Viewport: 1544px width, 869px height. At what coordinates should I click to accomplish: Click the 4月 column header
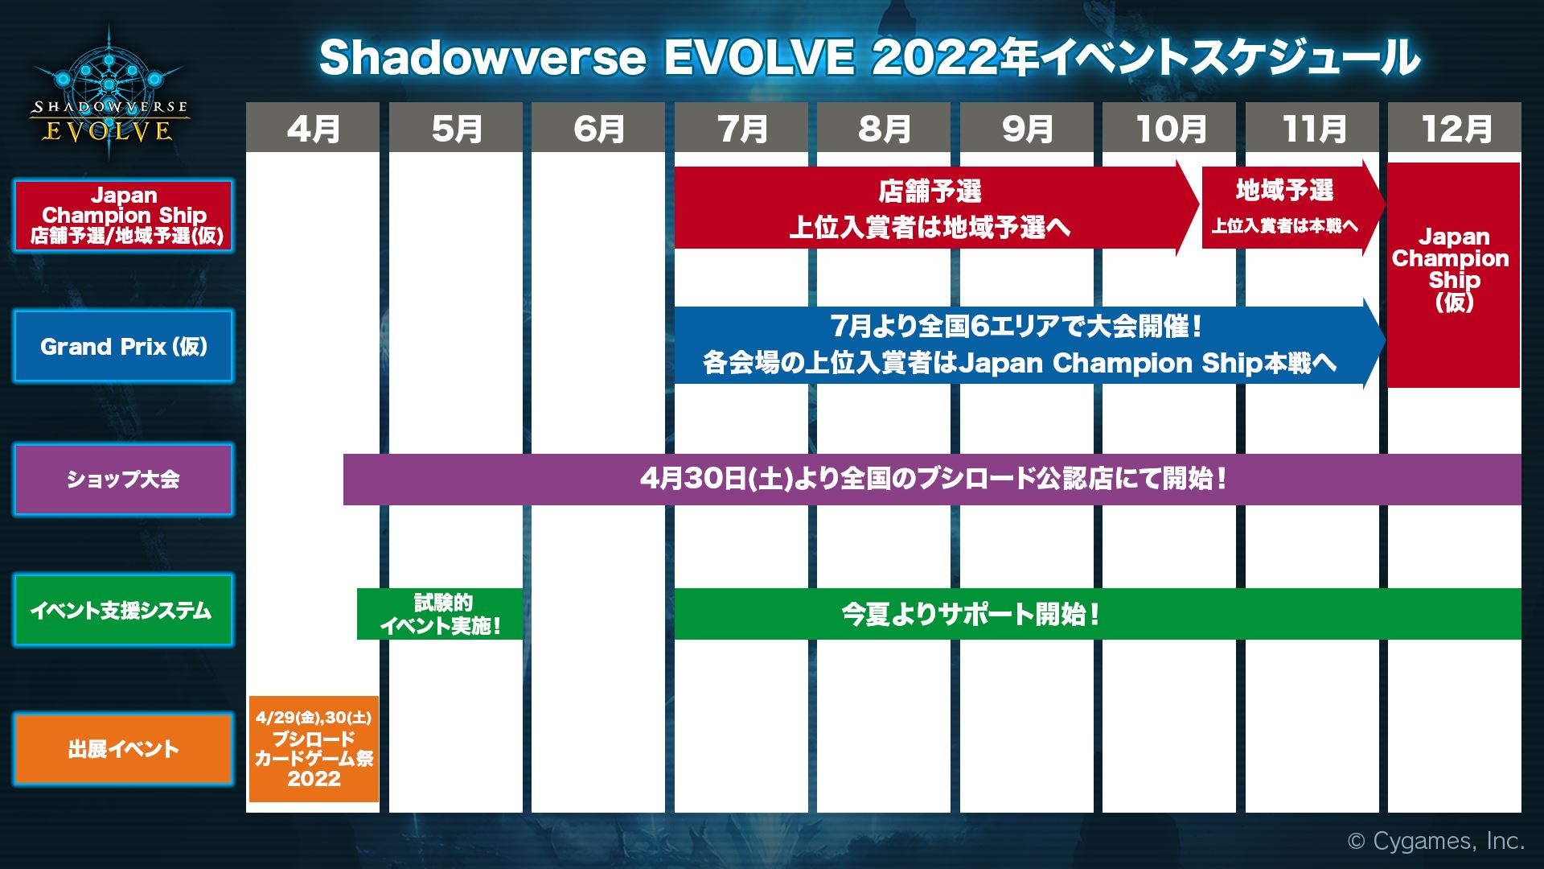tap(312, 128)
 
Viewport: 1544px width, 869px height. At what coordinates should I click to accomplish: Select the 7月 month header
tap(741, 128)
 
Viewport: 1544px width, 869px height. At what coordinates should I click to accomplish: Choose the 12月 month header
tap(1454, 128)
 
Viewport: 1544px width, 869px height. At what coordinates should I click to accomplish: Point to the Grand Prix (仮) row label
tap(123, 346)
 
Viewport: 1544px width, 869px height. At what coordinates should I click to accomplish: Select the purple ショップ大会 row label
tap(123, 479)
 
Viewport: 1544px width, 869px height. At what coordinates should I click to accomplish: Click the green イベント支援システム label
tap(123, 610)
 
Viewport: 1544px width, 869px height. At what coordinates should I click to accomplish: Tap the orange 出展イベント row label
tap(123, 749)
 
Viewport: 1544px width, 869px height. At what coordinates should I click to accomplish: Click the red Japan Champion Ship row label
tap(123, 215)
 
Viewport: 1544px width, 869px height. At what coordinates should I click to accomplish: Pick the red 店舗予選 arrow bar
tap(929, 208)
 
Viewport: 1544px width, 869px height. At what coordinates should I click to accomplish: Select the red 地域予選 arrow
tap(1284, 207)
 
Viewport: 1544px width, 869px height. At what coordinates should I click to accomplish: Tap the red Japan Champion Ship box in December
tap(1453, 274)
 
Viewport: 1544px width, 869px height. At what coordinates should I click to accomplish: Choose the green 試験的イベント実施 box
tap(440, 614)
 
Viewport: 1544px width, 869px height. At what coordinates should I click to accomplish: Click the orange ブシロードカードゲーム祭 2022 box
tap(314, 748)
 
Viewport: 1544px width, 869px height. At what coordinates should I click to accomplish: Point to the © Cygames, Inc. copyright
tap(1435, 841)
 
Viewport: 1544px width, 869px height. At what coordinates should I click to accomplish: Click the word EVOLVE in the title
tap(758, 58)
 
